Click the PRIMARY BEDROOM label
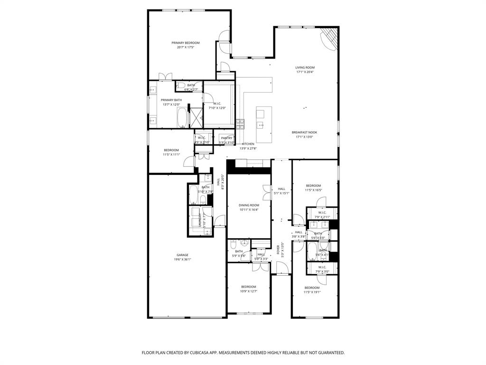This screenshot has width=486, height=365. (186, 43)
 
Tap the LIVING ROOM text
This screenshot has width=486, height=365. (305, 67)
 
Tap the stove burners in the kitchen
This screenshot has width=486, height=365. (240, 124)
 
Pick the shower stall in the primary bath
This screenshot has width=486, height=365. (196, 115)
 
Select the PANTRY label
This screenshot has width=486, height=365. (227, 138)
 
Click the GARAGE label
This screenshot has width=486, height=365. (183, 255)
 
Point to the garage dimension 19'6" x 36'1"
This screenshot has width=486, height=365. (183, 259)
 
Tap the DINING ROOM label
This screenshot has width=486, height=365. (249, 205)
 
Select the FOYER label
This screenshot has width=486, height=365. (278, 250)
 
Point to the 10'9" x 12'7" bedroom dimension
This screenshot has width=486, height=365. (248, 291)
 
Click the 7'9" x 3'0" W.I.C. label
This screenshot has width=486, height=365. (322, 267)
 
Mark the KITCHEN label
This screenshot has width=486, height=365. (248, 144)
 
